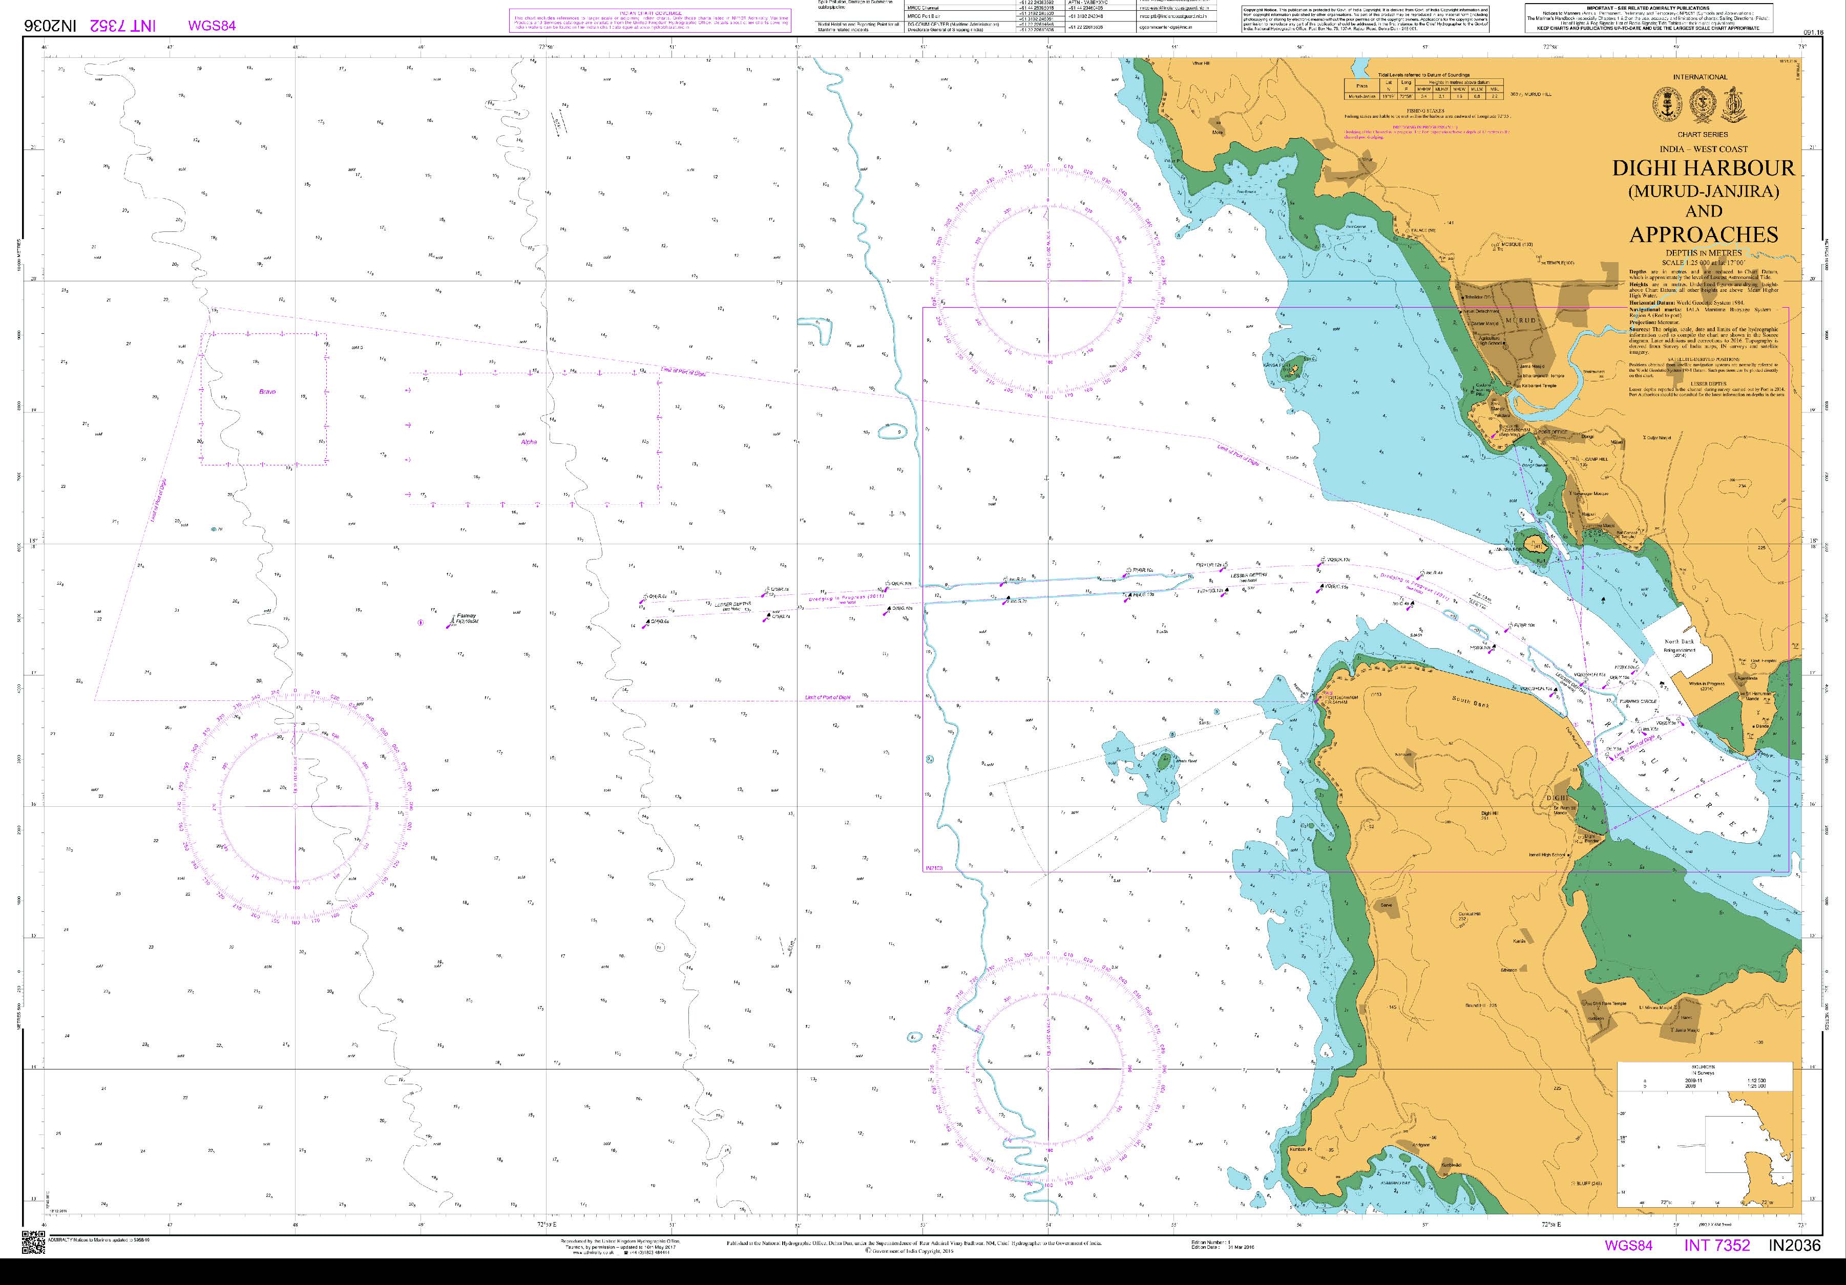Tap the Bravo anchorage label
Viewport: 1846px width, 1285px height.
[267, 391]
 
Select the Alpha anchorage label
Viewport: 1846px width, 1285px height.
[528, 441]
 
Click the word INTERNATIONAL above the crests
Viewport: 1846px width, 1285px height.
[1700, 77]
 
